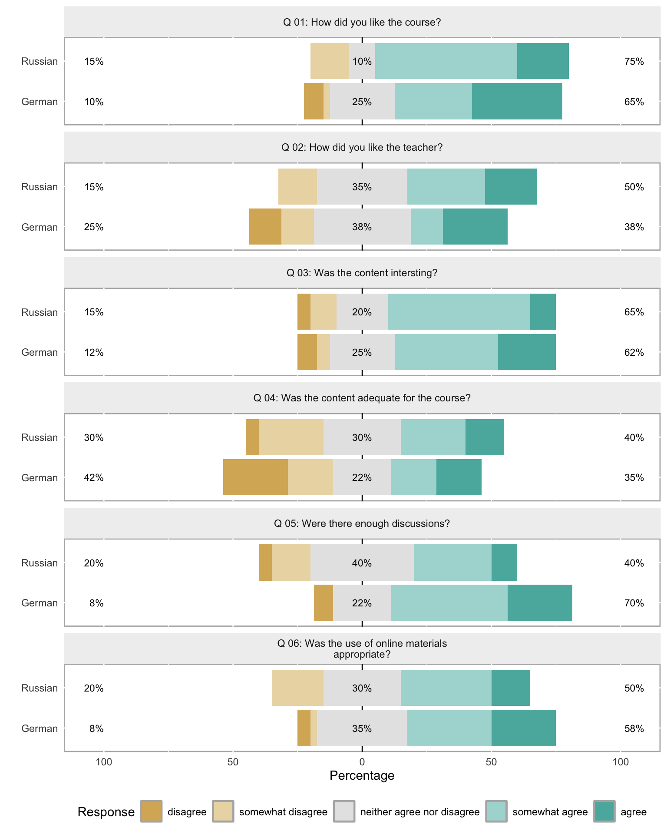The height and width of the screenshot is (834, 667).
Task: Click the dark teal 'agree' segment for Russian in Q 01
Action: click(x=543, y=61)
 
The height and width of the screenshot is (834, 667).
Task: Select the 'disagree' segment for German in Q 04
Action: click(x=255, y=477)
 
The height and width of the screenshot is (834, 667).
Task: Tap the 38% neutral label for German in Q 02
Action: click(x=362, y=227)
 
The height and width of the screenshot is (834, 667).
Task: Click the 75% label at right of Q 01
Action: click(x=634, y=62)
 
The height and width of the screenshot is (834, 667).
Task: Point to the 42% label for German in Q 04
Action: click(x=94, y=478)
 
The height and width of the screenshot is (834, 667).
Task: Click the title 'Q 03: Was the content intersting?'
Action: click(x=362, y=273)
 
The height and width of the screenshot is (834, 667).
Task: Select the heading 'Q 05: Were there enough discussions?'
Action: click(x=362, y=523)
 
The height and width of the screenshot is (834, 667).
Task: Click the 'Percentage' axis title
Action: click(x=362, y=775)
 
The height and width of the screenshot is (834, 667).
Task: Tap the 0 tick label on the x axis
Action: click(x=362, y=762)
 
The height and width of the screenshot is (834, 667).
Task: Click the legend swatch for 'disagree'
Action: click(x=151, y=811)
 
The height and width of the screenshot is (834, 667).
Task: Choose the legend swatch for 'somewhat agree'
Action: click(x=496, y=811)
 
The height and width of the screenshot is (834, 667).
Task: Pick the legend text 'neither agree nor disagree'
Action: click(x=419, y=812)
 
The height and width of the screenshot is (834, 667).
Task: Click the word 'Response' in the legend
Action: click(x=106, y=812)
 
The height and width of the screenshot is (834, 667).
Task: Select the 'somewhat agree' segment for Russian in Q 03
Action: click(x=459, y=312)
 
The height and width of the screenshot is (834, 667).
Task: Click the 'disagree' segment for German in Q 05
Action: click(x=323, y=603)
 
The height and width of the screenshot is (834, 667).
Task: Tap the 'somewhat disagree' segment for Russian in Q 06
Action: click(x=297, y=688)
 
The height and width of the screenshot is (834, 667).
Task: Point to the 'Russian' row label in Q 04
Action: click(x=40, y=437)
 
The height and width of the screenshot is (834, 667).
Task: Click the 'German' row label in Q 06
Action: click(x=40, y=728)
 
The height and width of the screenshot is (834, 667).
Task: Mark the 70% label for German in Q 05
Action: click(x=634, y=603)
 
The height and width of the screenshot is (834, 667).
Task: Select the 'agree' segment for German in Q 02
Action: click(x=475, y=227)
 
